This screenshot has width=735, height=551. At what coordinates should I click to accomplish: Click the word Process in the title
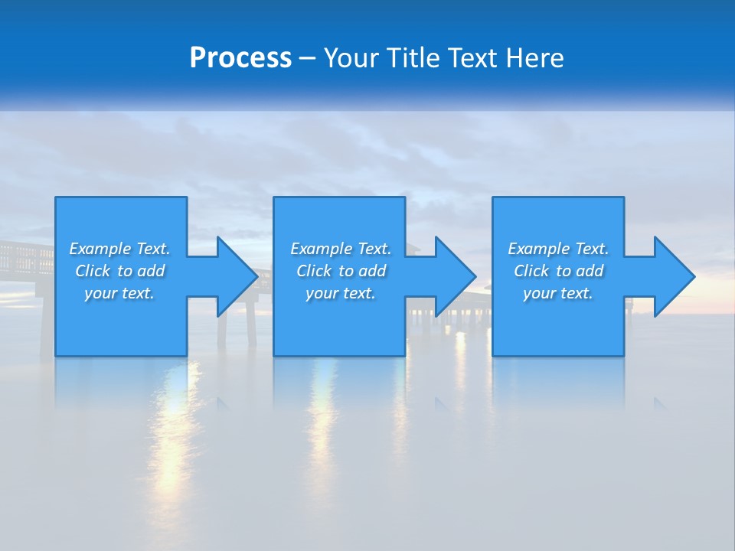[240, 58]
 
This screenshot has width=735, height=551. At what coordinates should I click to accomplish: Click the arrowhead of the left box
[237, 276]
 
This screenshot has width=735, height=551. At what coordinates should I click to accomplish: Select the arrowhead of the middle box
[456, 276]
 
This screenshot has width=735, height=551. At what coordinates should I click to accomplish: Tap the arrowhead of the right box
[674, 276]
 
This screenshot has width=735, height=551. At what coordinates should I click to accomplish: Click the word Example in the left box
[99, 249]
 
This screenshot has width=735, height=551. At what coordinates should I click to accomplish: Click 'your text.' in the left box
[119, 293]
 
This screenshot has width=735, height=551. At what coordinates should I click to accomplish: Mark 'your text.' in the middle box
[341, 293]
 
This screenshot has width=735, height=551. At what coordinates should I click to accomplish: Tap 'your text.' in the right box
[558, 293]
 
